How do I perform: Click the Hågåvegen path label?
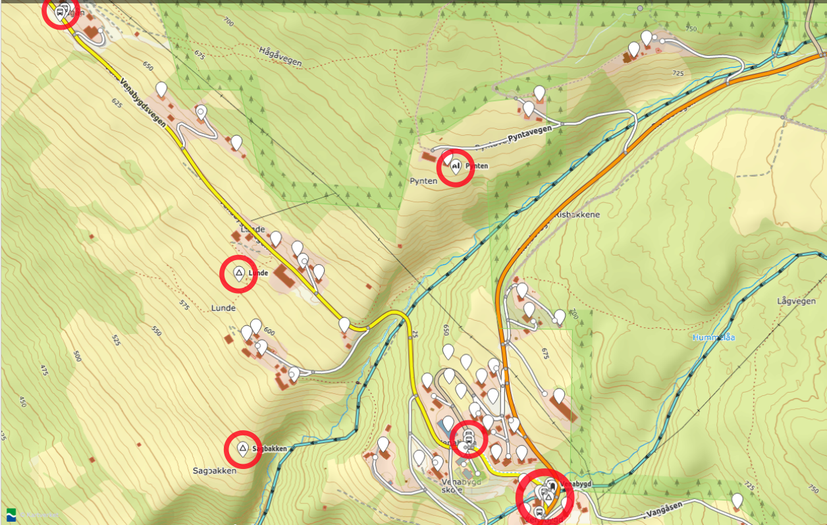(280, 57)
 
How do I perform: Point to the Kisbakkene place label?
(577, 215)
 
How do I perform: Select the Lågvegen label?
(793, 301)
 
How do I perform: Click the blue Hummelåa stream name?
(714, 337)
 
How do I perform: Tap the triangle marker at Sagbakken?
(242, 449)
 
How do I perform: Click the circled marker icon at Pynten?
(455, 167)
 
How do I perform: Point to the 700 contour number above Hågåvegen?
(228, 22)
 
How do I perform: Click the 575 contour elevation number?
(184, 306)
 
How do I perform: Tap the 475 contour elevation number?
(44, 372)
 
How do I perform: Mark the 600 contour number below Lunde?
(269, 331)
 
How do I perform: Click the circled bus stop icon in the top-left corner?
(60, 11)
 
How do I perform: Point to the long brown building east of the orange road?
(564, 409)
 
